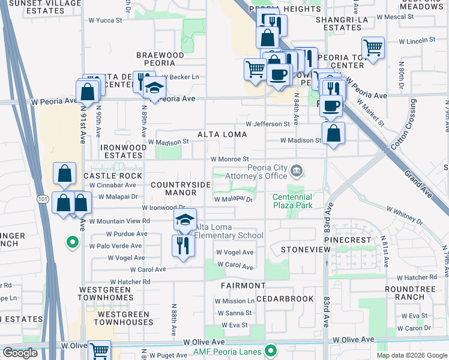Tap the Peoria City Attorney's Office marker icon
pos(296,172)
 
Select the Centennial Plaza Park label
pos(292,201)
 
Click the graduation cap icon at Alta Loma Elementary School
pos(185,220)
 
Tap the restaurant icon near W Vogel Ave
pos(182,245)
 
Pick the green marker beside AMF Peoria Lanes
pos(271,350)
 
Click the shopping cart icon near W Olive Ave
pos(99,350)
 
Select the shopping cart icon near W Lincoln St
pos(373,47)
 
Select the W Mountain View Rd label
pos(119,221)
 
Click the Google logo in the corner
pos(20,353)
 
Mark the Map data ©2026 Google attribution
pos(412,355)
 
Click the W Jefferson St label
pos(267,124)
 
